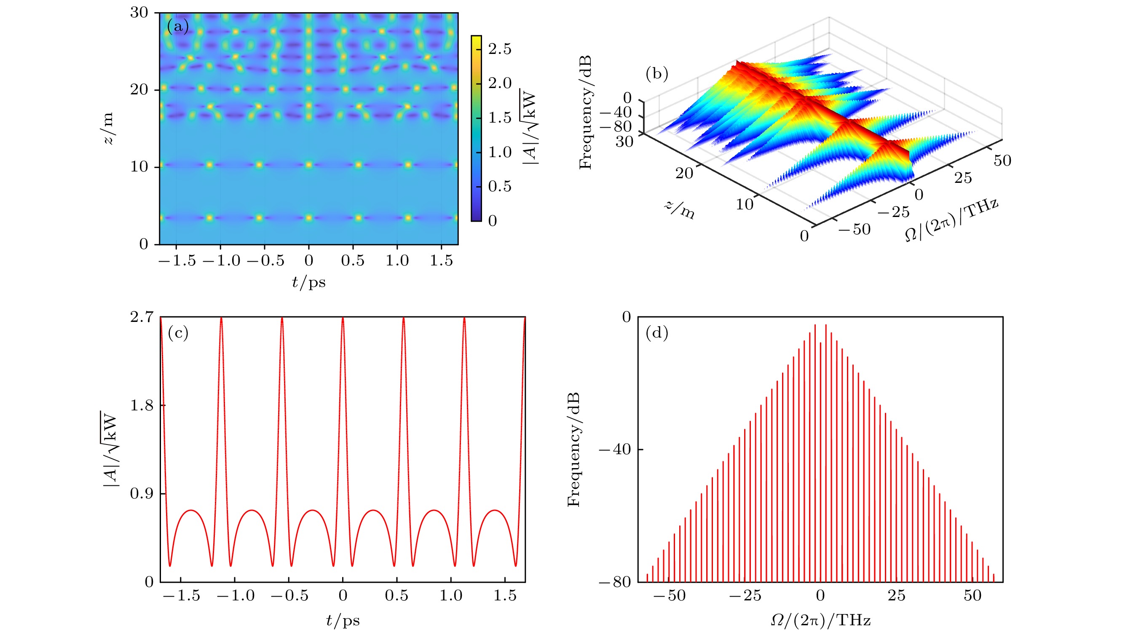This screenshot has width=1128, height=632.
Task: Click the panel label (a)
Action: click(x=178, y=27)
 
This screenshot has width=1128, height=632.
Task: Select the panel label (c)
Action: click(x=178, y=333)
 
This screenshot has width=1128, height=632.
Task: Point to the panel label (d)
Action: click(x=656, y=333)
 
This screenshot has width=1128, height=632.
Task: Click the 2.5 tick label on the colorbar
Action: click(x=500, y=49)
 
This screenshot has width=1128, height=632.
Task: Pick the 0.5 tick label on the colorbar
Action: click(x=500, y=187)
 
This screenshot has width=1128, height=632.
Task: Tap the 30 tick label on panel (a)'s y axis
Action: click(x=139, y=13)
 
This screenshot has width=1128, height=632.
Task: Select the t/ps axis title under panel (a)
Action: click(x=309, y=282)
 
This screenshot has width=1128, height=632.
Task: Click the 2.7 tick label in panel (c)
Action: click(x=142, y=317)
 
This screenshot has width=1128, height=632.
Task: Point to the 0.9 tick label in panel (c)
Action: click(x=142, y=494)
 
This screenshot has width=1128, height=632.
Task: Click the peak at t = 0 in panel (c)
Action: click(x=343, y=319)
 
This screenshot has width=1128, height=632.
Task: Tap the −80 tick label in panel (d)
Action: click(x=615, y=583)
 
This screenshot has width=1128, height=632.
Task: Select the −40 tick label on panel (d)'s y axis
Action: click(x=615, y=450)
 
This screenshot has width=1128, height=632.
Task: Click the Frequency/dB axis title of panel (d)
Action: click(x=573, y=450)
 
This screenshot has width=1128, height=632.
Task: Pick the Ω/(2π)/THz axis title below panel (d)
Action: click(x=820, y=620)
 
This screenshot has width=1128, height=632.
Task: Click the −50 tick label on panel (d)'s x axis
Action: click(x=669, y=596)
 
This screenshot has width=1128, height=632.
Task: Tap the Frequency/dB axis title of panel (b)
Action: click(x=585, y=112)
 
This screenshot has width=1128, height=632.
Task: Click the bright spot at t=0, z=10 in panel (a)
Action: click(x=309, y=165)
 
